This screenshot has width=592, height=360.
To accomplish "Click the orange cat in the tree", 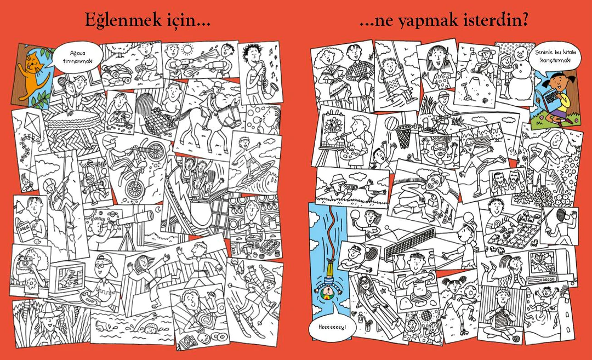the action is [x=33, y=76].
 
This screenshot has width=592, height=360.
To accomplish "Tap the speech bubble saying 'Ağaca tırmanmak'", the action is [x=77, y=58].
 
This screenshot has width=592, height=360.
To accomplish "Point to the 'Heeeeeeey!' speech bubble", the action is [x=332, y=328].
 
